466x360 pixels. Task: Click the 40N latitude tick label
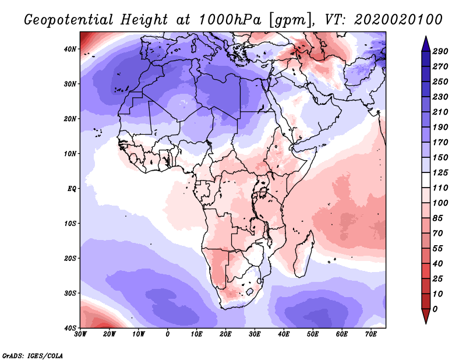[x=70, y=49]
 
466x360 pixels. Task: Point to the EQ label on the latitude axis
[x=71, y=189]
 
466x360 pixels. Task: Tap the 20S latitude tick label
[x=70, y=258]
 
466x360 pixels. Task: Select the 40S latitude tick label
[x=70, y=328]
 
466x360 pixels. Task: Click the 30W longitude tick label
[x=80, y=334]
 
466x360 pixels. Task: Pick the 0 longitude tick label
[x=168, y=334]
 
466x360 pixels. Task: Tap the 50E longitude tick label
[x=313, y=334]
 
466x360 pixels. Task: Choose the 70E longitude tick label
[x=371, y=334]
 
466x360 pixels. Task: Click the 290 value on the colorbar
[x=440, y=51]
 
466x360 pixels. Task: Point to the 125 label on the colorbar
[x=440, y=172]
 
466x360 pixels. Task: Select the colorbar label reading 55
[x=438, y=249]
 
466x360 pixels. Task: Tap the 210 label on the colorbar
[x=440, y=112]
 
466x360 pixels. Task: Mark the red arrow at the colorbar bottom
[x=426, y=315]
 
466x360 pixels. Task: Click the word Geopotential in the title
[x=69, y=20]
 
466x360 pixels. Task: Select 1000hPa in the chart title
[x=230, y=20]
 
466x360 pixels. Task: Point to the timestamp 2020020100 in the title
[x=398, y=20]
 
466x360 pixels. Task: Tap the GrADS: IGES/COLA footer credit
[x=33, y=356]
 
